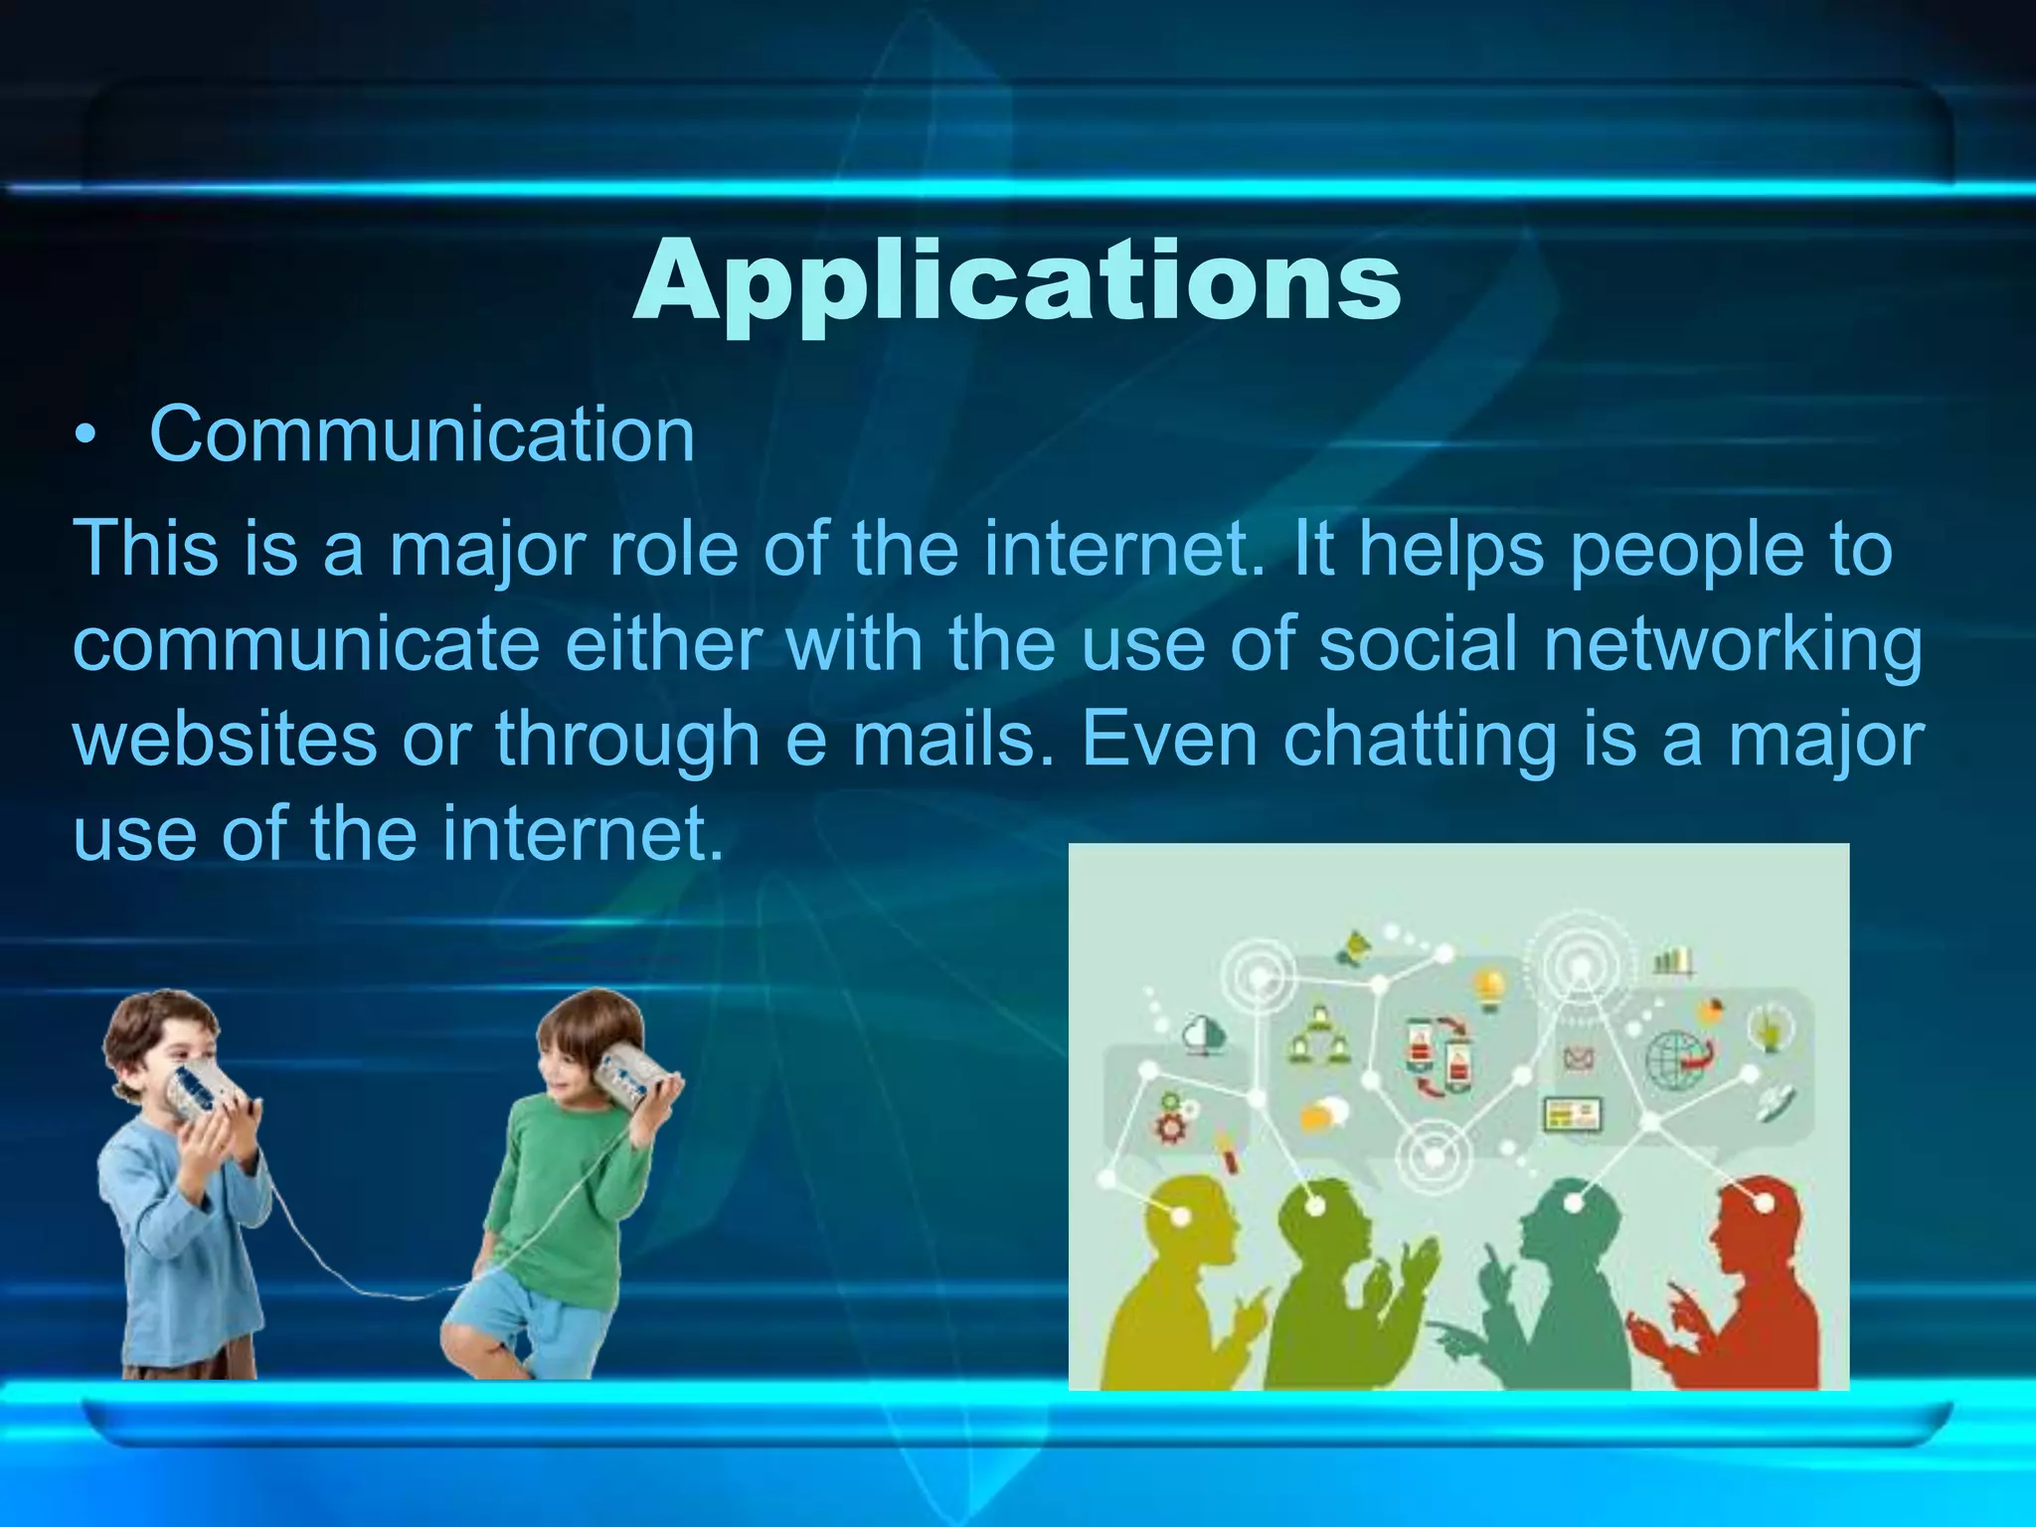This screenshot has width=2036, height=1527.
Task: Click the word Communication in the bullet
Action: point(422,435)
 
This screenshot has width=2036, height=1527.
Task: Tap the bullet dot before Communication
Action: point(87,438)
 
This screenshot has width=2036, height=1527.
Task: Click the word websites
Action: point(225,739)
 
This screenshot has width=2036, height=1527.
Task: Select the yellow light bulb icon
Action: point(1488,989)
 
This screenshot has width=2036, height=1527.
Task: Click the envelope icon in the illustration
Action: point(1578,1060)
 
